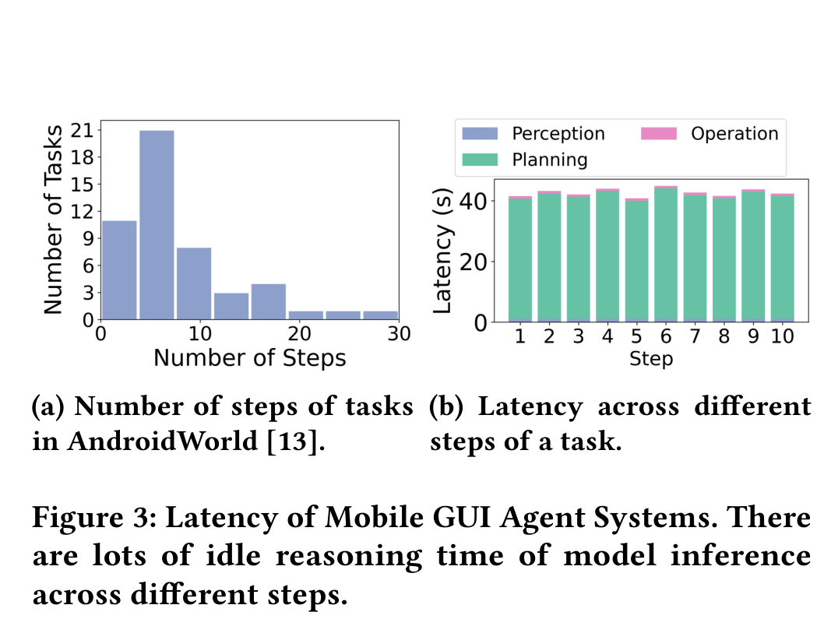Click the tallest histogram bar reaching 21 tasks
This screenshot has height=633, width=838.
point(157,225)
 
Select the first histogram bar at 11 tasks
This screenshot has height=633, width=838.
point(119,269)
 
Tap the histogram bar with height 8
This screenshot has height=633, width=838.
point(194,283)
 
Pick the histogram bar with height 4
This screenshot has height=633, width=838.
point(268,302)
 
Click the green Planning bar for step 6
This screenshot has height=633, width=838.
point(666,254)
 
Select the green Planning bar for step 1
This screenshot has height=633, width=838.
point(520,259)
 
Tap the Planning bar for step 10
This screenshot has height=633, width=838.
point(783,258)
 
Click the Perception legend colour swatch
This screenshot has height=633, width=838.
point(480,134)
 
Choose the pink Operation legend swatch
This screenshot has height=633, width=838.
point(659,134)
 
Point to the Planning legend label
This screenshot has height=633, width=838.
point(549,160)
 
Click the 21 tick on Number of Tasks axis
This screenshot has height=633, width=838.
point(82,130)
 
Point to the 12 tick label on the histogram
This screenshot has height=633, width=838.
point(82,212)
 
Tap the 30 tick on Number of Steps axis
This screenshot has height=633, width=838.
point(399,334)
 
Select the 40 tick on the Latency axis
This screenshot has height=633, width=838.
point(473,202)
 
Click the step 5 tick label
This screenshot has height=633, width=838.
point(636,336)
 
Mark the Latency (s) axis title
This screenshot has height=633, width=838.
point(442,251)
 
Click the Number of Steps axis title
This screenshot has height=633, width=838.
point(249,358)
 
